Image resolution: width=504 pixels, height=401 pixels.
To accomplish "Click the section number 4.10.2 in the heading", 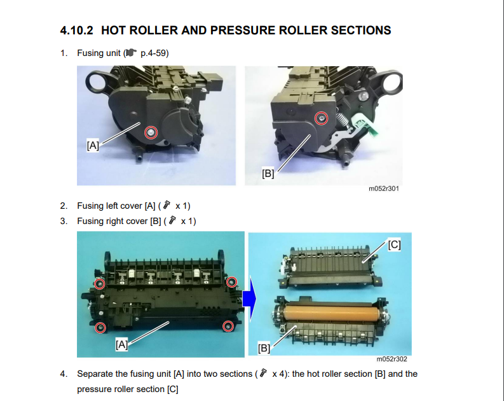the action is [x=76, y=31].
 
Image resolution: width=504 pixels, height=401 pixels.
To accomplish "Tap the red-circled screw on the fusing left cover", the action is [x=151, y=132].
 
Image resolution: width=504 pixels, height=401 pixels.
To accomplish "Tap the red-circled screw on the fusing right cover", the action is [x=321, y=118].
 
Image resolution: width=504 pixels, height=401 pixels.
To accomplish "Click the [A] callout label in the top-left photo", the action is [x=93, y=145].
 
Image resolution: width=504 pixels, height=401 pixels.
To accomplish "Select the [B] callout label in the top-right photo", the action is [x=268, y=174].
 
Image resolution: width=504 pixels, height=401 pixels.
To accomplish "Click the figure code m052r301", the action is [x=384, y=188].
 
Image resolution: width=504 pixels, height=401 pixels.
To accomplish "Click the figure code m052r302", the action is [x=392, y=359].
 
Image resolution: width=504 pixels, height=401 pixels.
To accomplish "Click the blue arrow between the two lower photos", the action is [x=250, y=298].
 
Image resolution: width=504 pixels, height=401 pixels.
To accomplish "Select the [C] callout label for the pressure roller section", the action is [x=394, y=245].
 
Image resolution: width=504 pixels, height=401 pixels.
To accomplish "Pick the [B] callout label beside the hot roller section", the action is [x=264, y=348].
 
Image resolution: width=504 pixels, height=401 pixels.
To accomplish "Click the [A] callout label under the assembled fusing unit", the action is [x=122, y=345].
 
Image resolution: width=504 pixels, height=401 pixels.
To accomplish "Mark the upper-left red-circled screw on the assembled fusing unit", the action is [x=100, y=284].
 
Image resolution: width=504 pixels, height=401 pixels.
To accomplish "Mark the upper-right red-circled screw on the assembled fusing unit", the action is [x=232, y=282].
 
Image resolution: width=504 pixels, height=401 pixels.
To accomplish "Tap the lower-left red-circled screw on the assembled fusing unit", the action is [x=100, y=328].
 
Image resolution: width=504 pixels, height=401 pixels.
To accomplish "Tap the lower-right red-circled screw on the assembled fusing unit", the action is [x=228, y=327].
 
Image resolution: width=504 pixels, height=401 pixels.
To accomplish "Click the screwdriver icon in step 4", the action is [x=263, y=373].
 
